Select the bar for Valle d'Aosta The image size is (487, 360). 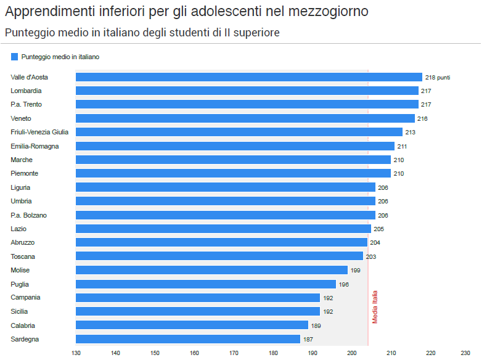click(x=249, y=77)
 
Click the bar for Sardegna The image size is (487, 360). click(x=188, y=339)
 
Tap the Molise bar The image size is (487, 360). click(x=211, y=270)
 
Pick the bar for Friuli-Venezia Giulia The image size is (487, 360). click(x=239, y=132)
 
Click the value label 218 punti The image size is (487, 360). click(x=438, y=77)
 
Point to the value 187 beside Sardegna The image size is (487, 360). click(x=308, y=339)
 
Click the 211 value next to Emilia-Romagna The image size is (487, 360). click(x=403, y=146)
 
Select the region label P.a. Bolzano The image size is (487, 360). click(x=28, y=215)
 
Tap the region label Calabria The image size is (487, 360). click(x=23, y=325)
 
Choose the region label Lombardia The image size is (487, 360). click(x=26, y=91)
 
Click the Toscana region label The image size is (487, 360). click(x=23, y=256)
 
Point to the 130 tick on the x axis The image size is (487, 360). click(x=76, y=353)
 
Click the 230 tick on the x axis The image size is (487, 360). click(x=465, y=353)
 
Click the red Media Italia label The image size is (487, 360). click(x=375, y=307)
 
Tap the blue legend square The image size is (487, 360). click(x=14, y=57)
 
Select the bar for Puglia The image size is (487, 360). click(x=206, y=284)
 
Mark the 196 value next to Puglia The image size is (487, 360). click(x=344, y=284)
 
